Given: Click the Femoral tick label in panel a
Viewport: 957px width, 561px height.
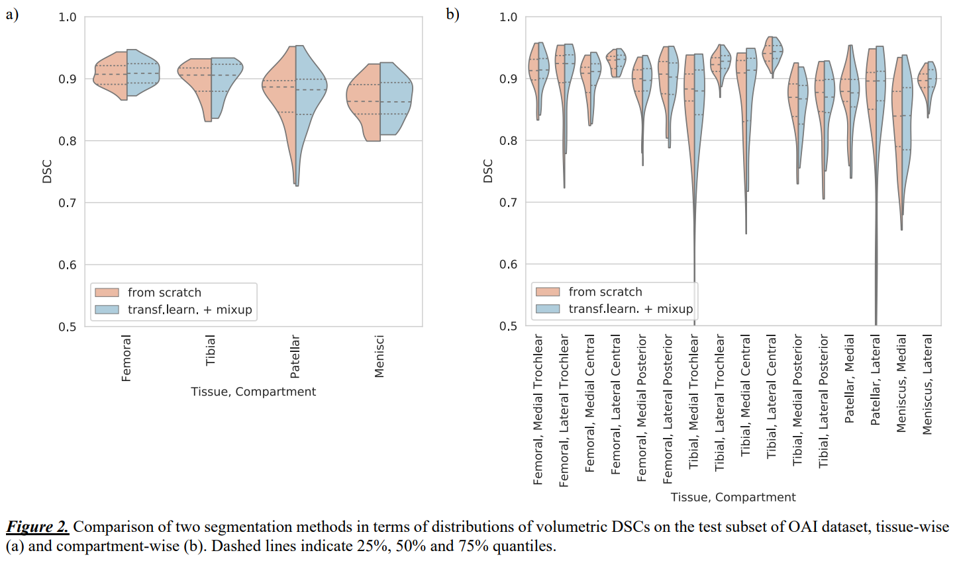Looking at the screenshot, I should [x=126, y=358].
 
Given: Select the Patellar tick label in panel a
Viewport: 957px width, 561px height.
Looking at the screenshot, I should [x=295, y=357].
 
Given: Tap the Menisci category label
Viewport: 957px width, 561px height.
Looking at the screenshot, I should [x=379, y=357].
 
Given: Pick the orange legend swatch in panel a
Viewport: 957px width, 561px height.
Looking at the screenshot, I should [x=107, y=292].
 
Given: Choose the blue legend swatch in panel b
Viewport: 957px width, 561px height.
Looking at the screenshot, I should [x=548, y=309].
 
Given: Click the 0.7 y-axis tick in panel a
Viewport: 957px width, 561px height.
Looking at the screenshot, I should [x=68, y=203].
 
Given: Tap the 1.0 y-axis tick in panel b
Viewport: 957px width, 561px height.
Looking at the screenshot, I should [x=508, y=17].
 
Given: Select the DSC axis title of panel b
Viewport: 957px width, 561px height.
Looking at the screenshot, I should [x=488, y=171].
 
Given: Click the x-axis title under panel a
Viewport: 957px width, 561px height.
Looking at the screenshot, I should [x=253, y=392].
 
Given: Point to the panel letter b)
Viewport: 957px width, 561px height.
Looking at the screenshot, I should [x=452, y=14].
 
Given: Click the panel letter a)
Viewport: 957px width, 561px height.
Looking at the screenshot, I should [x=12, y=14].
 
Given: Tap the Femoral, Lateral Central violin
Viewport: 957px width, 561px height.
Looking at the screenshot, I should [x=616, y=63].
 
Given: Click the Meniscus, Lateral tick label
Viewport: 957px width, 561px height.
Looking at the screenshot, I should [x=927, y=384].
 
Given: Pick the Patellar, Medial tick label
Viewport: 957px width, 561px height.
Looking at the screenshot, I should [x=850, y=378].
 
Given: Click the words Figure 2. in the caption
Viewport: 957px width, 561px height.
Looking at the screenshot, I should [x=37, y=527].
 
